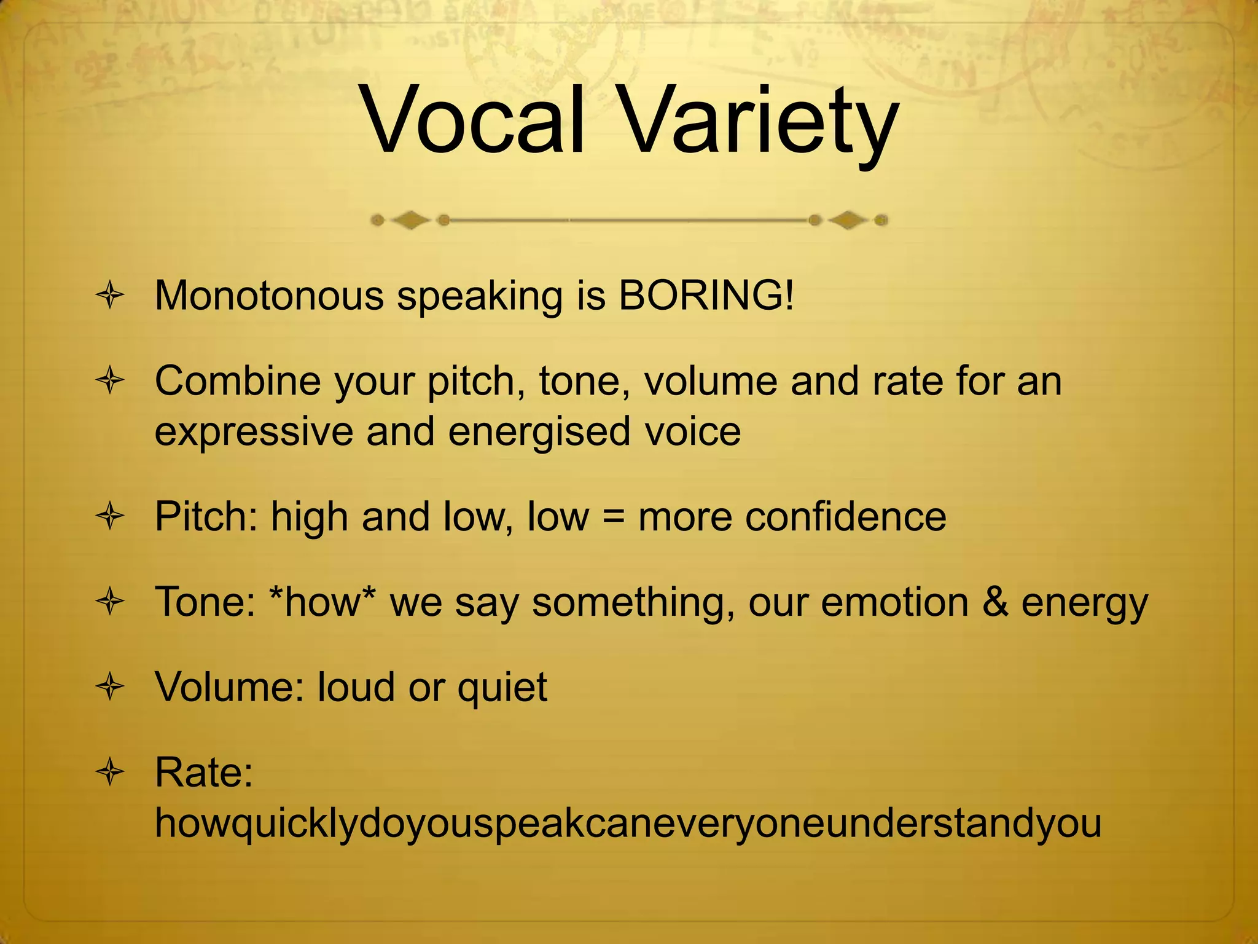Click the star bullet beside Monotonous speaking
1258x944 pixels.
point(111,296)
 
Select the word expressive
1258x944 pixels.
point(254,431)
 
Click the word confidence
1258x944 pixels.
point(792,516)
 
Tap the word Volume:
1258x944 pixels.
point(230,686)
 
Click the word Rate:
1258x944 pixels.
point(204,772)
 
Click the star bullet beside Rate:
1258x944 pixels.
point(111,773)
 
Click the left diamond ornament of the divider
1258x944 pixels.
point(410,220)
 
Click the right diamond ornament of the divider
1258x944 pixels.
point(848,220)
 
